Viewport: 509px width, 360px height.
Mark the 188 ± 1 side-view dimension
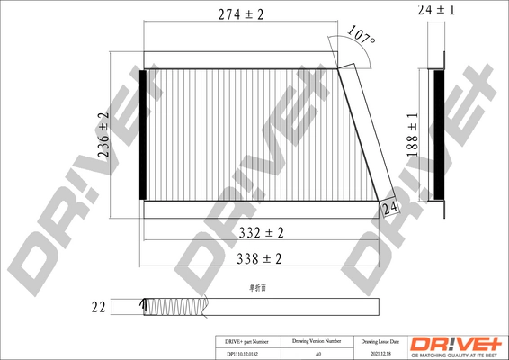[x=412, y=135]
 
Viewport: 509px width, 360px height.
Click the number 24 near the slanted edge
[x=388, y=209]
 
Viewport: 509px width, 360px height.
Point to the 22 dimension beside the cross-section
[x=98, y=307]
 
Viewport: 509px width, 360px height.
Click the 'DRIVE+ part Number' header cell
[x=246, y=342]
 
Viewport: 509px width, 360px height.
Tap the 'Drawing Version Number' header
[x=317, y=342]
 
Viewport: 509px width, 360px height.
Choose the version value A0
[x=317, y=354]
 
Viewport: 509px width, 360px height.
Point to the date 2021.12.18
[x=379, y=354]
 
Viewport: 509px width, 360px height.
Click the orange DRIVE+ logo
[x=456, y=346]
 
